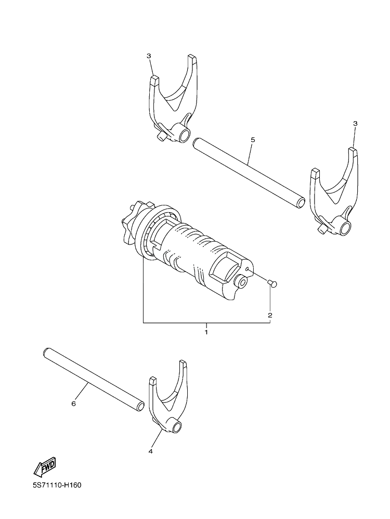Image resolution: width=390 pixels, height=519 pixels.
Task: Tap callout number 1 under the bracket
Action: [x=206, y=332]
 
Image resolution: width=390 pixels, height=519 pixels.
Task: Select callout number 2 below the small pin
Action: [x=270, y=315]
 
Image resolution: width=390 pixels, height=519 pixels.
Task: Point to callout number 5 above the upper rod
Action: [x=253, y=140]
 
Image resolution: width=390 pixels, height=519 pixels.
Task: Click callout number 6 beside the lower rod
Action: [x=73, y=404]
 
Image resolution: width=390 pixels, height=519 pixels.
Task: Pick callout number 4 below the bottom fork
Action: [x=150, y=451]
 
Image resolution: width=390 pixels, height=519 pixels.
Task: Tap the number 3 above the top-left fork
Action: [x=149, y=56]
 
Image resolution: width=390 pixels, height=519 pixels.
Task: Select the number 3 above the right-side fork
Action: [x=355, y=123]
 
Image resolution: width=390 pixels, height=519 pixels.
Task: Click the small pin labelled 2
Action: [x=272, y=282]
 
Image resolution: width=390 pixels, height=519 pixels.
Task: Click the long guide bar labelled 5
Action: [x=249, y=173]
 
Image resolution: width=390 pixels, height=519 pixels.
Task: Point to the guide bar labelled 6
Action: [x=94, y=380]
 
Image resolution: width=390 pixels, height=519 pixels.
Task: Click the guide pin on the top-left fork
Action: [x=162, y=136]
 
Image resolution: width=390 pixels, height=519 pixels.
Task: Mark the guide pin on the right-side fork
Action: [x=321, y=229]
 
